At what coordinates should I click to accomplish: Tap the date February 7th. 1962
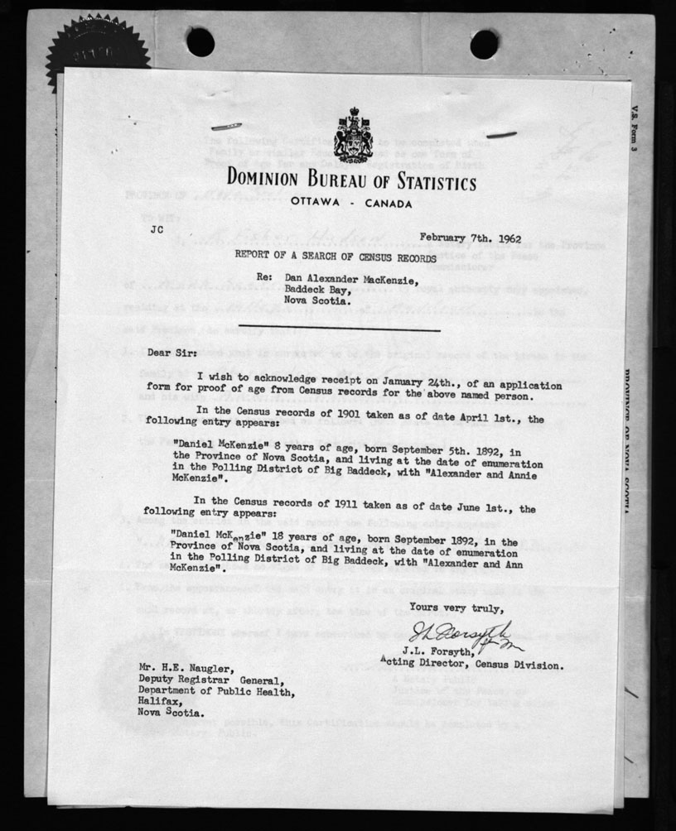[x=470, y=238]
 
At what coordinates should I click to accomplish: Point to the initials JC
[x=157, y=231]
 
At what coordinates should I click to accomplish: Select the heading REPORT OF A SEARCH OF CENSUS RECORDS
[x=334, y=257]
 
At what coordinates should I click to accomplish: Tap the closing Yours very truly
[x=466, y=605]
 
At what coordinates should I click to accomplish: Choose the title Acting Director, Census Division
[x=471, y=664]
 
